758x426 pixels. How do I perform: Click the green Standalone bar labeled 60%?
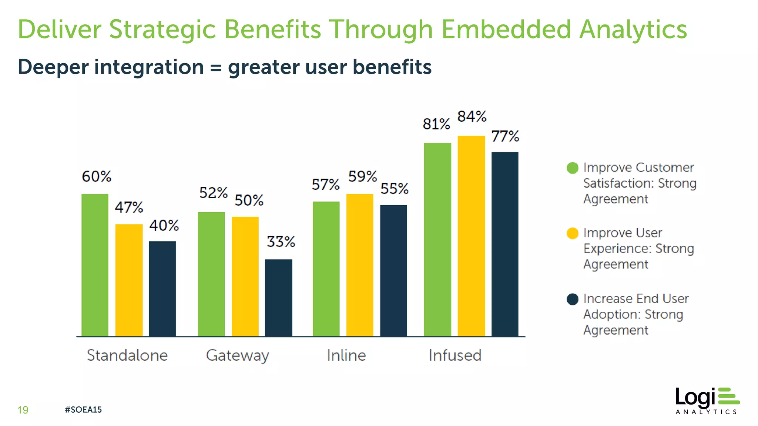click(x=95, y=265)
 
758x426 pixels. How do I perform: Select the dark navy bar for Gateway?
click(x=278, y=298)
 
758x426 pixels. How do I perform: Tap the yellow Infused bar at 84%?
click(x=471, y=236)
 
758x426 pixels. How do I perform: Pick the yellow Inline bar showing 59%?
click(x=359, y=265)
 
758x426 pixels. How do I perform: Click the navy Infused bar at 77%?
click(x=505, y=244)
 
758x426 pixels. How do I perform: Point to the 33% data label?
click(x=281, y=242)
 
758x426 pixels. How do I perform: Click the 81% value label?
click(x=436, y=124)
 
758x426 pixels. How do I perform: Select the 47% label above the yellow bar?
click(x=129, y=207)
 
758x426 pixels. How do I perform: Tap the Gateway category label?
click(x=238, y=355)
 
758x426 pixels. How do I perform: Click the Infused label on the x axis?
click(x=455, y=355)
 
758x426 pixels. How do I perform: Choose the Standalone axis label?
click(x=127, y=355)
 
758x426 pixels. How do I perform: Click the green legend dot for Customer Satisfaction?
click(x=572, y=168)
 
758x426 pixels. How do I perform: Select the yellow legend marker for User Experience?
click(x=572, y=233)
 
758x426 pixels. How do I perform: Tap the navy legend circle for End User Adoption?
click(x=572, y=299)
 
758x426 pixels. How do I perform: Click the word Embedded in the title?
click(x=506, y=30)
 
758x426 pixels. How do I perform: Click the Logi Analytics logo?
click(x=707, y=401)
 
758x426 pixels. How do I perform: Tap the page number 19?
click(x=23, y=410)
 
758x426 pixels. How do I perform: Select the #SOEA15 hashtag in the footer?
click(x=83, y=410)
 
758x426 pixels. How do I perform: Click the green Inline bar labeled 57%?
click(x=326, y=269)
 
